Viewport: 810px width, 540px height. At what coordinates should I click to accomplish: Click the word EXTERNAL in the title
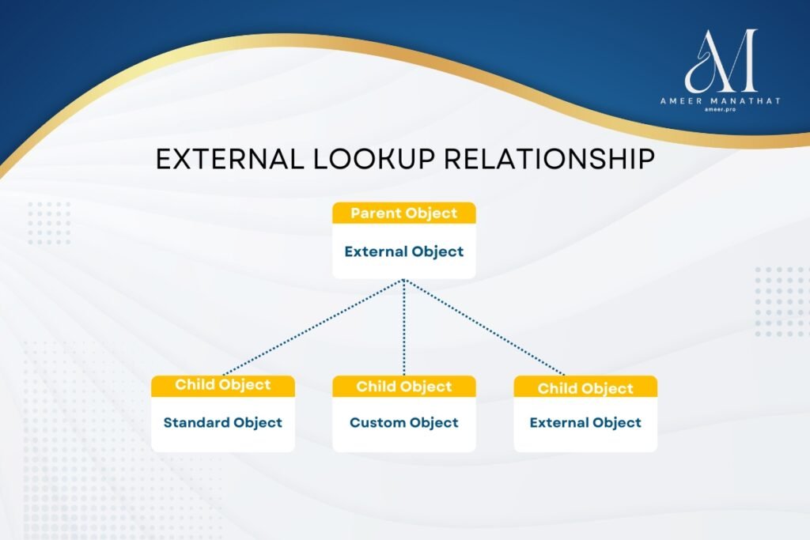(230, 158)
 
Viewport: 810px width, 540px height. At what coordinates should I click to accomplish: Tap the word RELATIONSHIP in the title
(550, 158)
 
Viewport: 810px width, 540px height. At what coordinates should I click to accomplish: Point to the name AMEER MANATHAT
(720, 101)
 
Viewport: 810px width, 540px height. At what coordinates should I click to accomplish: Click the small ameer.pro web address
(720, 109)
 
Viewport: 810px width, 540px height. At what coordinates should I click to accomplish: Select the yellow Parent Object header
(404, 213)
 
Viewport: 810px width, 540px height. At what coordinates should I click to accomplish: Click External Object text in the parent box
(404, 251)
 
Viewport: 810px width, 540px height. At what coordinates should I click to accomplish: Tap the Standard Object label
(222, 422)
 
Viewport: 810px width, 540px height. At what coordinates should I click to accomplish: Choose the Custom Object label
(404, 422)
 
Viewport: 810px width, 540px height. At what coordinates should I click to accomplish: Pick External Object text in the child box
(585, 422)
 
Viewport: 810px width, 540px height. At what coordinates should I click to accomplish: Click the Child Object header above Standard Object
(222, 384)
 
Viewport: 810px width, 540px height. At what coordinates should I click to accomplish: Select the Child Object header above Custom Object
(404, 387)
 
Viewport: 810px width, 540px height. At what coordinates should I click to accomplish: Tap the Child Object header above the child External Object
(585, 388)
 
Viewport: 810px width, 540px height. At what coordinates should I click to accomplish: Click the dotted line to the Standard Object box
(313, 327)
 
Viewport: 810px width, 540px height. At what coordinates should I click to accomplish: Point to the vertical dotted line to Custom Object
(404, 327)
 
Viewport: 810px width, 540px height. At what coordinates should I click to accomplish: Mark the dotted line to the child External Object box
(484, 327)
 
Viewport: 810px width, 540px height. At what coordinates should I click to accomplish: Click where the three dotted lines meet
(404, 281)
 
